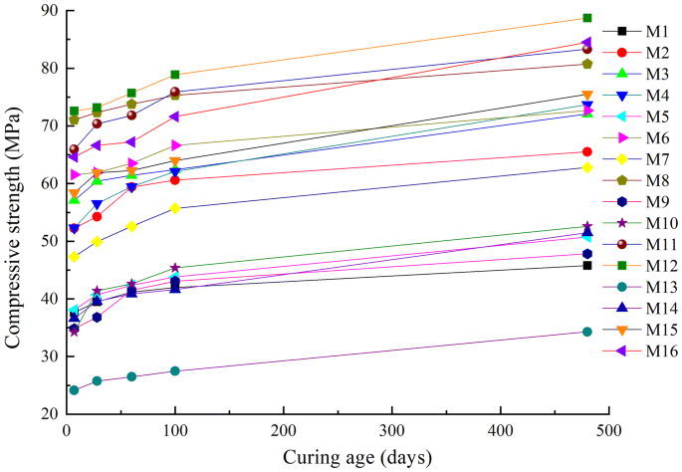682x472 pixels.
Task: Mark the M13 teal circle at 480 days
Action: [587, 332]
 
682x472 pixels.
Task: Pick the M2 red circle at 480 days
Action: [587, 151]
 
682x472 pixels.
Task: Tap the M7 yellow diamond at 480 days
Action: [587, 167]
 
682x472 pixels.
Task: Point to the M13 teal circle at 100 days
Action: [175, 370]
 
